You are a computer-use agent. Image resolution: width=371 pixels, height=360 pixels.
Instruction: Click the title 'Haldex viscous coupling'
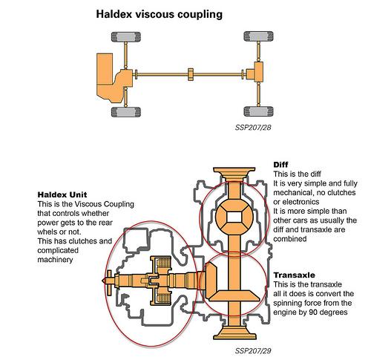click(159, 14)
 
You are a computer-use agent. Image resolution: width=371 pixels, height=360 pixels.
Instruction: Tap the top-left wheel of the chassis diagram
click(126, 37)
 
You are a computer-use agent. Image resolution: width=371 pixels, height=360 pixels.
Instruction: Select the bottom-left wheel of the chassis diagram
click(126, 112)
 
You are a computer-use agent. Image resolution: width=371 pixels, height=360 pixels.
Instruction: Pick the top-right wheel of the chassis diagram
click(258, 36)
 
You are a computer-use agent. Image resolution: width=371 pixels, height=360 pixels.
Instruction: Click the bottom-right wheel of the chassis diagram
click(258, 111)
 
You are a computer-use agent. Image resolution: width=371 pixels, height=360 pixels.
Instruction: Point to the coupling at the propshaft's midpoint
click(191, 74)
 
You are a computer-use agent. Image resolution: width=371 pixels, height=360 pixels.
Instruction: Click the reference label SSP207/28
click(253, 128)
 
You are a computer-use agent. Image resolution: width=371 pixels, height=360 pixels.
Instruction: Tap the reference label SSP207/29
click(253, 351)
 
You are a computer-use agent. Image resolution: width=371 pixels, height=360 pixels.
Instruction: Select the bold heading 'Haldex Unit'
click(62, 194)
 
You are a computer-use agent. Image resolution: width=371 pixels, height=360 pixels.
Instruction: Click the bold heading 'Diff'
click(280, 165)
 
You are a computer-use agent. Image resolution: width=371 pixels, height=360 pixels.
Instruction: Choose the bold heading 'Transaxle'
click(294, 275)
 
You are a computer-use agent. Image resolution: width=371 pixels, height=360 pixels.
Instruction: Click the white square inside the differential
click(234, 217)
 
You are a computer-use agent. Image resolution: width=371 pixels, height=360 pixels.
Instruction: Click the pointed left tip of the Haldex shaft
click(102, 281)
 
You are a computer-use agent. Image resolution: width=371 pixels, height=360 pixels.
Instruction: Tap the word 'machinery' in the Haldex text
click(55, 260)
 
